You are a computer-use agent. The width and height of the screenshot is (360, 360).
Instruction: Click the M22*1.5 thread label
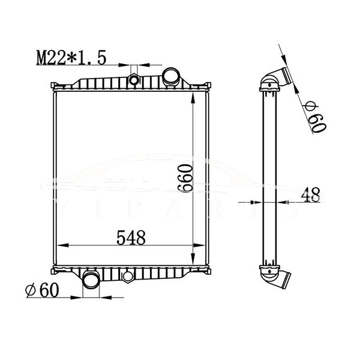pos(71,58)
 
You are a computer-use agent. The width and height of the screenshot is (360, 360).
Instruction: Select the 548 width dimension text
pos(131,238)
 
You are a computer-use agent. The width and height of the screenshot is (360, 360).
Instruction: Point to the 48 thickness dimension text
pos(310,196)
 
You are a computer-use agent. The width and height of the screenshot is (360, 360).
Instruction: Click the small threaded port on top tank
pos(134,79)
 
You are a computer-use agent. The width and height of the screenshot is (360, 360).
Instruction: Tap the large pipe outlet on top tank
pos(171,77)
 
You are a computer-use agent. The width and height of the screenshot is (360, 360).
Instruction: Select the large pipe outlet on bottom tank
pos(91,280)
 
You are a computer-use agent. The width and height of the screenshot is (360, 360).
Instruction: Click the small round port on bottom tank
pos(127,277)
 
